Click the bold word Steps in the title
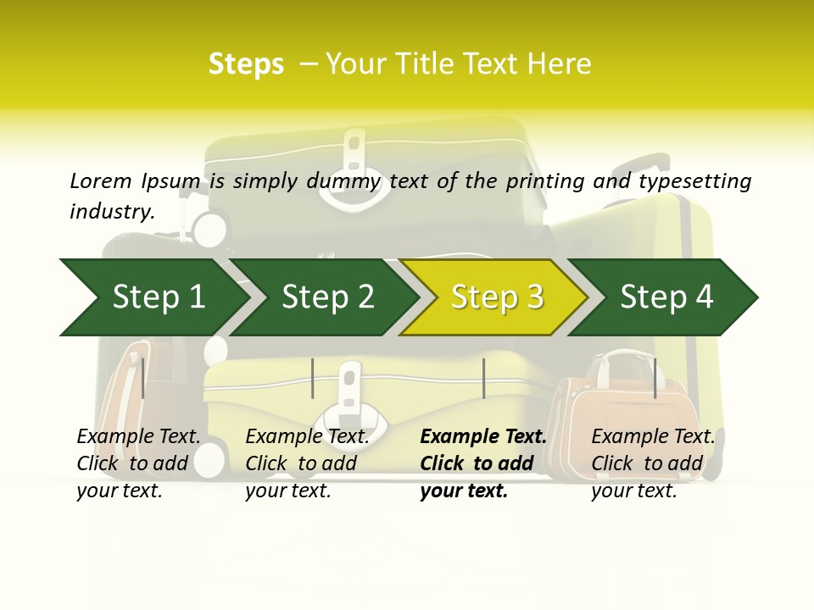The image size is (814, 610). (x=246, y=64)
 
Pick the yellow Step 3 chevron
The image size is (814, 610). (x=497, y=297)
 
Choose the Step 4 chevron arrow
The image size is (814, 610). (x=666, y=297)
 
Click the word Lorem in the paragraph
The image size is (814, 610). (x=100, y=181)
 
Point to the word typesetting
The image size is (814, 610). (x=694, y=181)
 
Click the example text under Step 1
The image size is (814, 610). (x=138, y=463)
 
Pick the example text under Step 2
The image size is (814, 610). (x=307, y=463)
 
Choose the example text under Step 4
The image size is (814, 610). (x=653, y=463)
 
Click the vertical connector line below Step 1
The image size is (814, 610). (x=143, y=378)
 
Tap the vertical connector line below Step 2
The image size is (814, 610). (x=313, y=378)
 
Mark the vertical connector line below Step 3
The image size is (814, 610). (x=483, y=378)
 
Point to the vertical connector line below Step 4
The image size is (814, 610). (x=655, y=378)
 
